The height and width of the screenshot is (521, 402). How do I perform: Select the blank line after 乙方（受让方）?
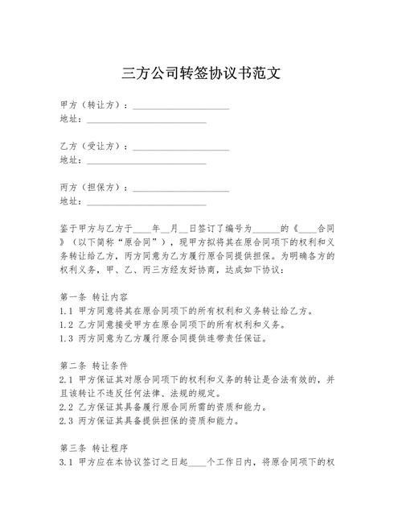[181, 148]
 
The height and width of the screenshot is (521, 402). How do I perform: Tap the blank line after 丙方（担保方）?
[181, 188]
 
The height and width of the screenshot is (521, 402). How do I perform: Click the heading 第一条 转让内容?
[94, 296]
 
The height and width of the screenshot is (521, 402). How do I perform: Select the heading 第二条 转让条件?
[94, 364]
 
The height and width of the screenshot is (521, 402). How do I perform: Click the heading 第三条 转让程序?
[94, 448]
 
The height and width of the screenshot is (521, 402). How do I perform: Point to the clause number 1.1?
[68, 311]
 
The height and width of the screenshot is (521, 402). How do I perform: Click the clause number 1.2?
[68, 325]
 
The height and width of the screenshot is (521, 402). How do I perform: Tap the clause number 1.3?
[68, 338]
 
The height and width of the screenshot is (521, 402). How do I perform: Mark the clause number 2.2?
[68, 406]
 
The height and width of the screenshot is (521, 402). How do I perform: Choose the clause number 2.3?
[68, 420]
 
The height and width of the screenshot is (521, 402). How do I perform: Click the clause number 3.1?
[68, 463]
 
